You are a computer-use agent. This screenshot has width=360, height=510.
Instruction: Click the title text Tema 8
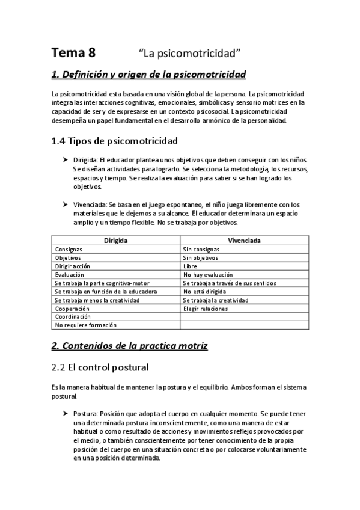click(x=73, y=52)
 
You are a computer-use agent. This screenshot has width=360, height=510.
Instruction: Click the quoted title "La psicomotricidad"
click(x=189, y=53)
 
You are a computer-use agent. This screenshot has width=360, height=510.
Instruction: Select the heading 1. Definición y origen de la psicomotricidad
click(x=148, y=75)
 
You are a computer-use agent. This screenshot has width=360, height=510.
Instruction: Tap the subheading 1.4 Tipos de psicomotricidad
click(x=114, y=142)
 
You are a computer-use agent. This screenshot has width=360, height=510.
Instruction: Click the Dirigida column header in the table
click(x=115, y=240)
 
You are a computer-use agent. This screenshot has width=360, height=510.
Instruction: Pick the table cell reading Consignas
click(x=69, y=249)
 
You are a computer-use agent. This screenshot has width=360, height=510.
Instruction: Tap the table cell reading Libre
click(x=190, y=266)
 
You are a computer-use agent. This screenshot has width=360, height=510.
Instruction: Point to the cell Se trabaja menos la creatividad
click(x=97, y=300)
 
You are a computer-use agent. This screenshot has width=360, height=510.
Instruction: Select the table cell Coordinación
click(x=73, y=316)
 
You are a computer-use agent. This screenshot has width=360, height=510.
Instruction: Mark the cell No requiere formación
click(x=85, y=325)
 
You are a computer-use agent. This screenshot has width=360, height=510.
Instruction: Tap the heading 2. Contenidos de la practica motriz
click(x=129, y=346)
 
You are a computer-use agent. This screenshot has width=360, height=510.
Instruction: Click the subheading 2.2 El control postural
click(x=100, y=366)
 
